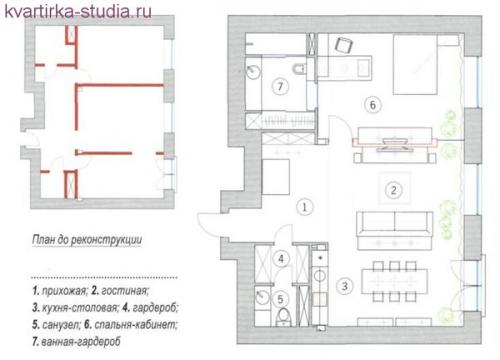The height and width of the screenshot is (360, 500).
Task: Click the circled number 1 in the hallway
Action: pos(304,207)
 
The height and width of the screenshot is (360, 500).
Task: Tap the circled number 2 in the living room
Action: pos(394,190)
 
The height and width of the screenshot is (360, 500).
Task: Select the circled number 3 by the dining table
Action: pos(344,286)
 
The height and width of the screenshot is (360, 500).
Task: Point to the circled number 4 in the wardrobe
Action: pos(281,259)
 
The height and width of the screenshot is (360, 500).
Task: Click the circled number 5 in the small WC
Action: pos(280,299)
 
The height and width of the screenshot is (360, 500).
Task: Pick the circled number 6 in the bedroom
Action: pos(373,105)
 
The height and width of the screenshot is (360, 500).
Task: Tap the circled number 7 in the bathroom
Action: pos(280,87)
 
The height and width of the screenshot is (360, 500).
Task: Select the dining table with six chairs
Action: pos(395,281)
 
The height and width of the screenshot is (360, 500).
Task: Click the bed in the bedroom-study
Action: pos(415,64)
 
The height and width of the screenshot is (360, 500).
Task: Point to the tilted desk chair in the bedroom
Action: pos(344,45)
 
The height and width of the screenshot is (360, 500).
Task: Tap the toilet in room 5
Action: pos(284,317)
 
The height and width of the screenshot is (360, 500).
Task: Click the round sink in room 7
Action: pos(253,71)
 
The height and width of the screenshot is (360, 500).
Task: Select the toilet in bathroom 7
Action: pos(299,69)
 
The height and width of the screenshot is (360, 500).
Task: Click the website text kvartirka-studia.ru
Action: pos(78,11)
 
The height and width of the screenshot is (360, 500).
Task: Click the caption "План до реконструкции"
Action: pos(87,240)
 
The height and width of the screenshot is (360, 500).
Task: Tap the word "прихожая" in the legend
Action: pos(65,291)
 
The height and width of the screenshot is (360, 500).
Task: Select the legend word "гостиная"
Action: pos(125,291)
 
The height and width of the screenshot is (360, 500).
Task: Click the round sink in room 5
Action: pos(262,297)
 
